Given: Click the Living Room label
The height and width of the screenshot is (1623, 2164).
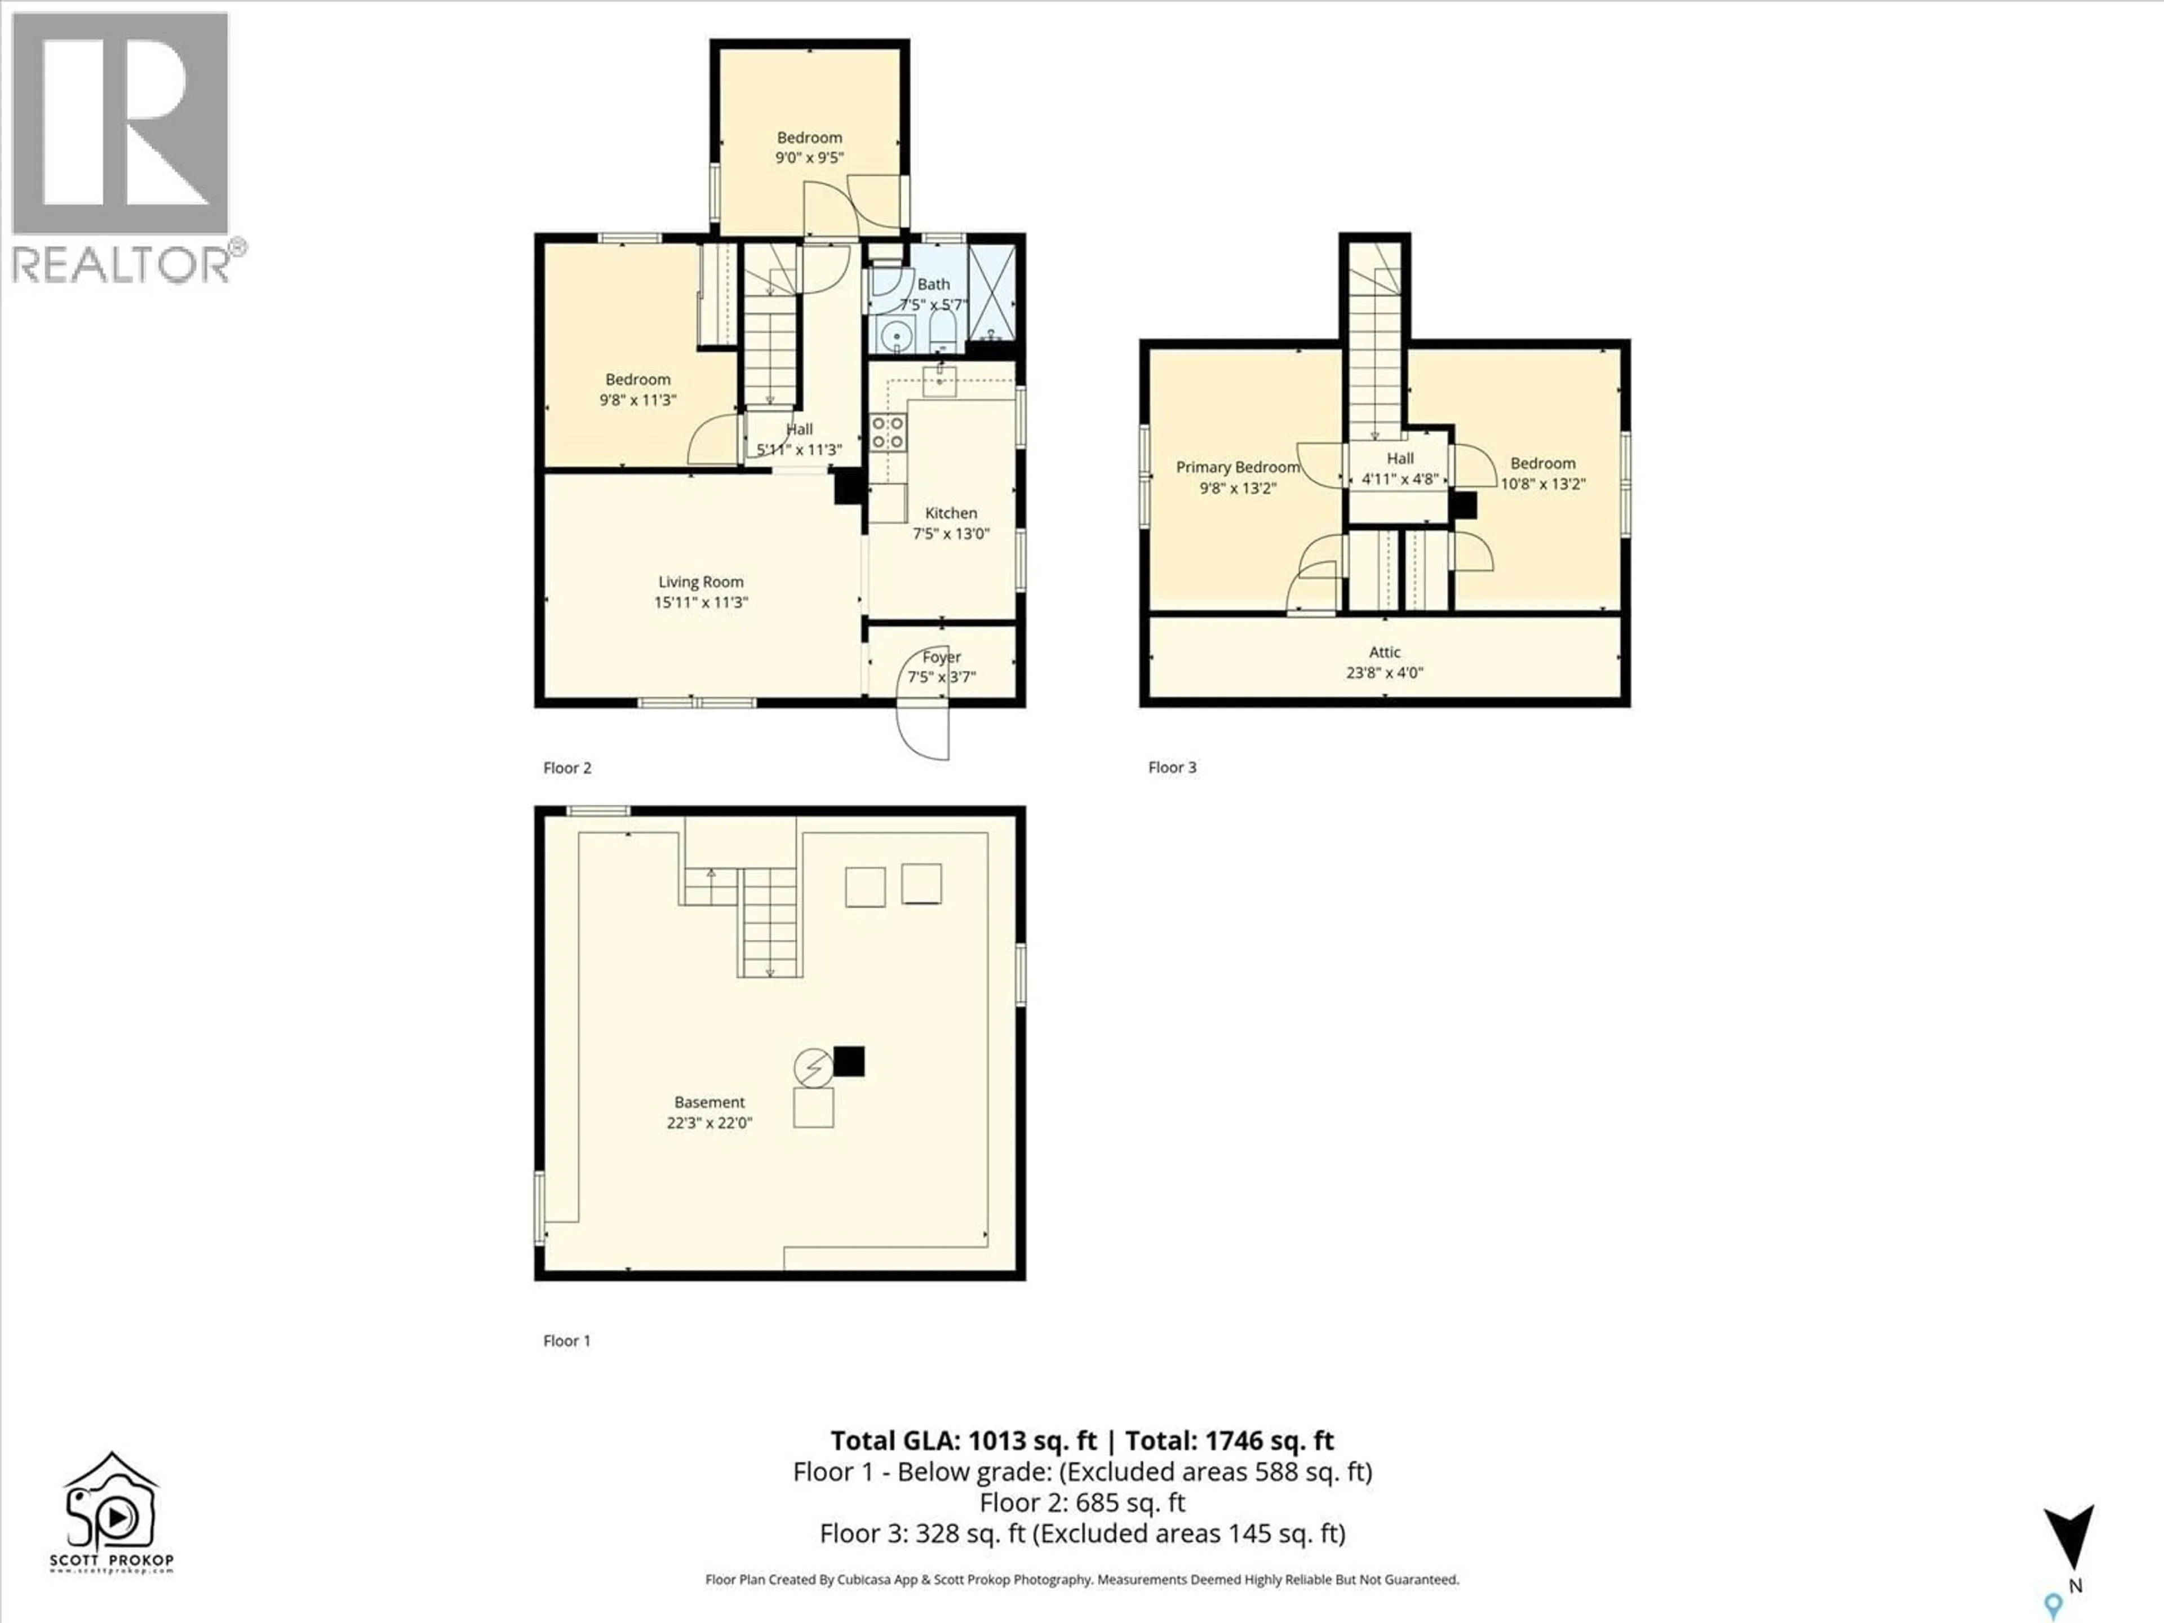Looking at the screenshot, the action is point(700,582).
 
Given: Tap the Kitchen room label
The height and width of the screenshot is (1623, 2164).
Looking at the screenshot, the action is point(951,513).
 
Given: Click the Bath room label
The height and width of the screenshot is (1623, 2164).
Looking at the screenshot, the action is point(933,283).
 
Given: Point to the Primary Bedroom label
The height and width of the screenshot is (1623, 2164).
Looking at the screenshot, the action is point(1238,468).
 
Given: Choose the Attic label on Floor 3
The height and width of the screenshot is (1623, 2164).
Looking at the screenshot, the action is point(1384,651).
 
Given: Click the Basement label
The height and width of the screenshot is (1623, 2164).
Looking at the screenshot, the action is point(709,1102).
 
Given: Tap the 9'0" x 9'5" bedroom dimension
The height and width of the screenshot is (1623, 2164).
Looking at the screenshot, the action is point(809,157).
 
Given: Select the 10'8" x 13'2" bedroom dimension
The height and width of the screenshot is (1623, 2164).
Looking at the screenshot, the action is point(1543,484).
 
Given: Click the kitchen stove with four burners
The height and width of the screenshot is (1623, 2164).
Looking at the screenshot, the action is point(888,432).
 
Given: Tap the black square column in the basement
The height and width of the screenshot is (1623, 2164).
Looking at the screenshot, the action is point(849,1062).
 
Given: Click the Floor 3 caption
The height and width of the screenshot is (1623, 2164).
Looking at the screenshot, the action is point(1172,767).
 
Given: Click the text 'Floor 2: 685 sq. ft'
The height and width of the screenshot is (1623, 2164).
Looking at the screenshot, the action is point(1082,1502).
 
